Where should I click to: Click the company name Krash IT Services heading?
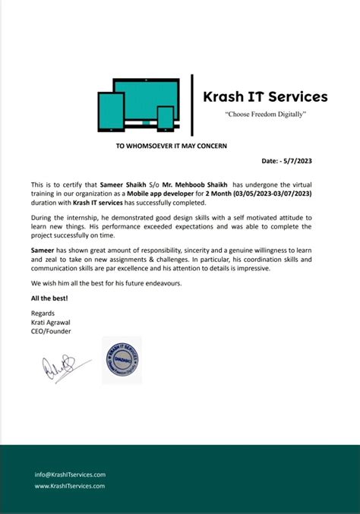click(x=265, y=97)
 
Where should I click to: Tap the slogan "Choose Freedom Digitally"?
click(x=265, y=114)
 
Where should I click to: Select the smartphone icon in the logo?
click(x=166, y=117)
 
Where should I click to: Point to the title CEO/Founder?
click(x=50, y=330)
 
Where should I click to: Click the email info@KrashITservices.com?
click(x=70, y=475)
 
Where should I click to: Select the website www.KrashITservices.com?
click(x=70, y=486)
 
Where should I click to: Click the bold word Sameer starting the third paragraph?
click(x=43, y=248)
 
